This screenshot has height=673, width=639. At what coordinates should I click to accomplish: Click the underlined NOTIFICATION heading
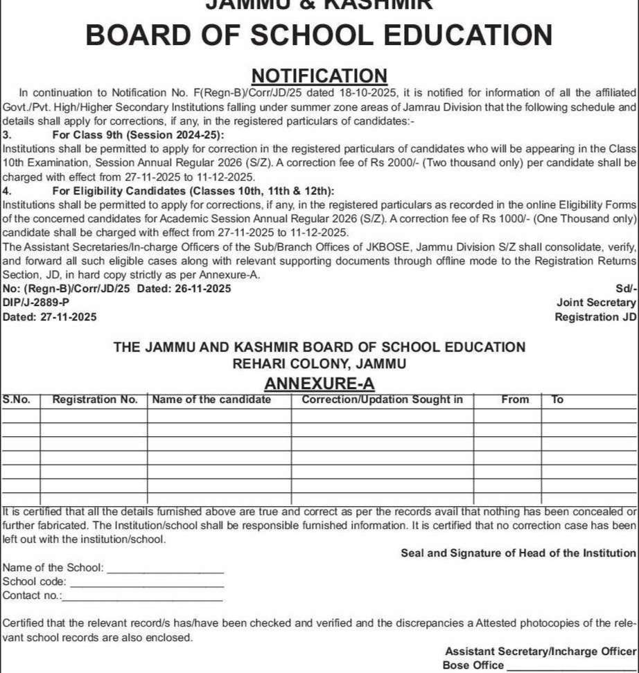point(319,75)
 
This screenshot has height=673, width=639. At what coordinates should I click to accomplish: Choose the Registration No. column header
point(95,400)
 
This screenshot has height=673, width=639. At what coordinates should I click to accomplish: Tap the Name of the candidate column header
point(211,400)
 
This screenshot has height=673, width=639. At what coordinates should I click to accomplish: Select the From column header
point(515,400)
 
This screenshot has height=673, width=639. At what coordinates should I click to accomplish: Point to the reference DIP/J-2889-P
point(36,303)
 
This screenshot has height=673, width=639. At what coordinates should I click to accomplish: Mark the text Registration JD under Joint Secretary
point(595,317)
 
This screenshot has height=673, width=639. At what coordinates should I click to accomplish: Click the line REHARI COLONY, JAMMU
point(319,364)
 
